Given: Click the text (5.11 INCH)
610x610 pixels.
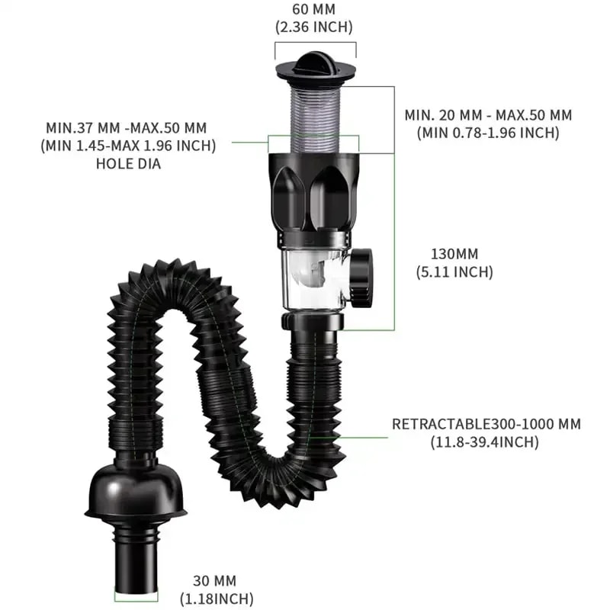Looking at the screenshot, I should tap(454, 271).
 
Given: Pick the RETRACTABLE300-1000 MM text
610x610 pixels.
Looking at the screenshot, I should tap(486, 424).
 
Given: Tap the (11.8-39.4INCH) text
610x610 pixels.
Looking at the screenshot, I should tap(486, 441).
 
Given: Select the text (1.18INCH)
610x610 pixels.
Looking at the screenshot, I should tap(217, 599).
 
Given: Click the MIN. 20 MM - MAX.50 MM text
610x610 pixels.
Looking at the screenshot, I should tap(488, 115).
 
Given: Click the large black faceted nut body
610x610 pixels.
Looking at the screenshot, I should tap(314, 194).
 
